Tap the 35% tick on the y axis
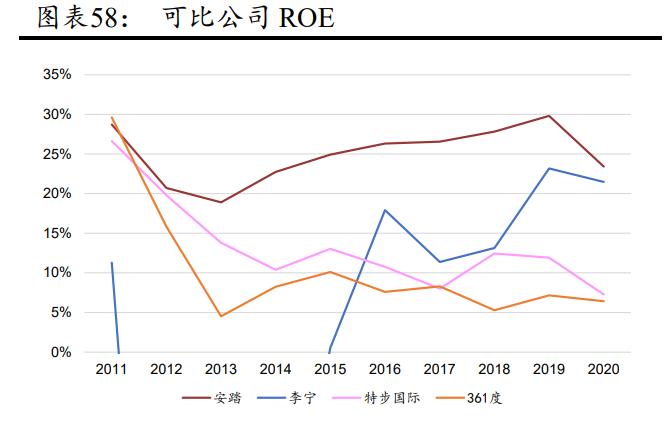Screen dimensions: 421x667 [58, 75]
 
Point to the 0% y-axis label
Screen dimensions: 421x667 [62, 352]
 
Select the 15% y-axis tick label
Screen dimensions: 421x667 [58, 233]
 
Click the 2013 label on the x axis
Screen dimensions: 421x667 [220, 369]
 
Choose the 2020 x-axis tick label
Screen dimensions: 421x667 [604, 369]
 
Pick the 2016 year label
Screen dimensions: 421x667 [385, 369]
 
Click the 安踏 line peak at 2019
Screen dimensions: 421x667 [549, 116]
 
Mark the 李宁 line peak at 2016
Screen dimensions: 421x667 [385, 210]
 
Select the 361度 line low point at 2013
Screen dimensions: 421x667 [220, 316]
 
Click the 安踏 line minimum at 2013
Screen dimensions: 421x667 [220, 202]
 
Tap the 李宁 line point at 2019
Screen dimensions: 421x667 [549, 168]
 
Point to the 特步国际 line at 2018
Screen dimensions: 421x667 [494, 253]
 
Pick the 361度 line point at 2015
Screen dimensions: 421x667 [330, 272]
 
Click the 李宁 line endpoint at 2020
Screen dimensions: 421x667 [604, 182]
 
